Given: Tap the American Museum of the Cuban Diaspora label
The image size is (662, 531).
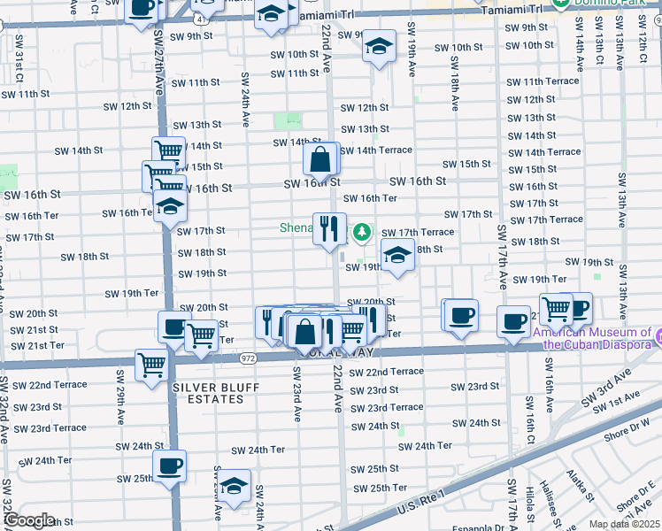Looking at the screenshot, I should pyautogui.click(x=598, y=339).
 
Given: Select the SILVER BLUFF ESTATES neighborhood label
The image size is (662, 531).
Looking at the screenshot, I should pyautogui.click(x=208, y=394).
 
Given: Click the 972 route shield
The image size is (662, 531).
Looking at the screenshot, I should pyautogui.click(x=247, y=358).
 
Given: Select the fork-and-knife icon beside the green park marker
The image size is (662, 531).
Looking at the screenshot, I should pyautogui.click(x=329, y=227).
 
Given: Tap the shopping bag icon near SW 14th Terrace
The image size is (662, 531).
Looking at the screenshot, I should pyautogui.click(x=320, y=159).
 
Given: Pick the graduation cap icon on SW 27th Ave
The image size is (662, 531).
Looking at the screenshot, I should pyautogui.click(x=169, y=208).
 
